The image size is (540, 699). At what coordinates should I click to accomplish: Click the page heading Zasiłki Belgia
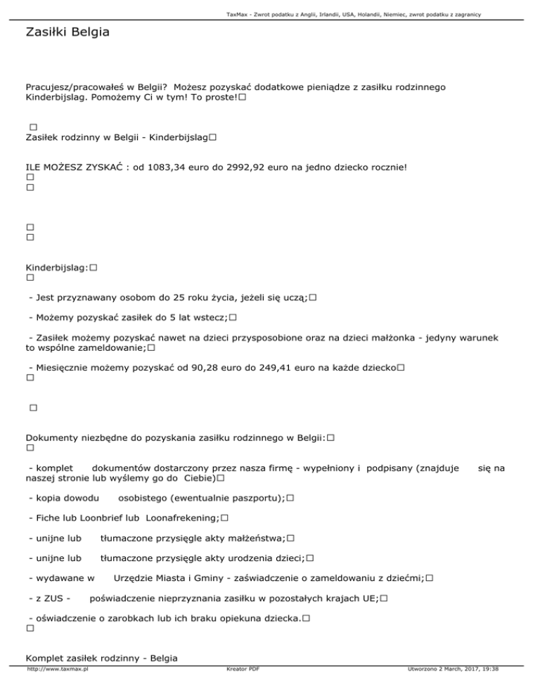[x=67, y=32]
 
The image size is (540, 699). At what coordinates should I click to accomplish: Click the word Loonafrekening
[x=182, y=518]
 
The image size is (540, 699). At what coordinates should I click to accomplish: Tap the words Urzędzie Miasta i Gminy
[x=168, y=578]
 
